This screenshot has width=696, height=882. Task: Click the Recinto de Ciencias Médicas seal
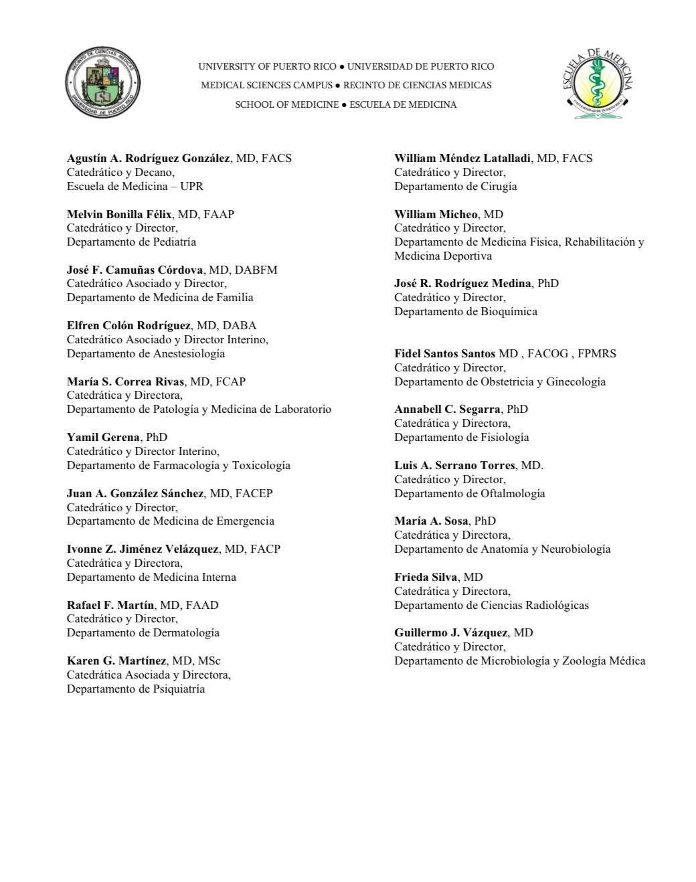tap(102, 85)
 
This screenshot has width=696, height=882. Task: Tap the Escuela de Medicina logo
tap(597, 84)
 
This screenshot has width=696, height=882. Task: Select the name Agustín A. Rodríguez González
tap(148, 159)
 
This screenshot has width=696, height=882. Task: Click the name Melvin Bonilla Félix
tap(119, 214)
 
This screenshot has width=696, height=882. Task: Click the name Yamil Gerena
tap(103, 437)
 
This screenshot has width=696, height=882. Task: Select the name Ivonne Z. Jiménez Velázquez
tap(143, 549)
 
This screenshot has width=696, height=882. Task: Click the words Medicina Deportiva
tap(443, 256)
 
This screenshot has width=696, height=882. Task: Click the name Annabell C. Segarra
tap(447, 409)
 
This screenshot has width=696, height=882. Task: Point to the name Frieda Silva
tap(426, 577)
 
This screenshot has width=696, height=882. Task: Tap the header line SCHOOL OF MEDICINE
tap(286, 104)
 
